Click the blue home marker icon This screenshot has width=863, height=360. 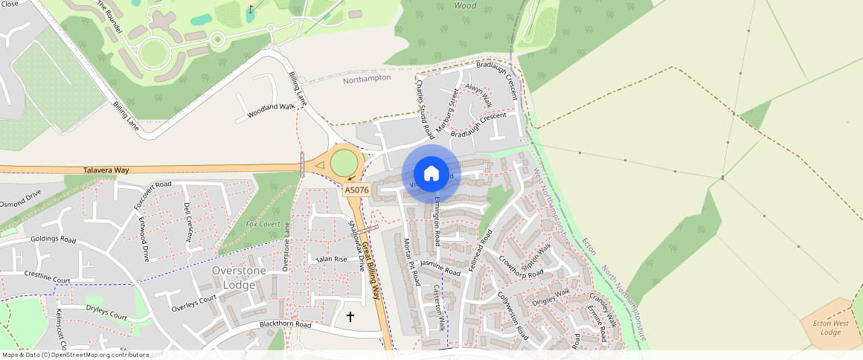click(431, 174)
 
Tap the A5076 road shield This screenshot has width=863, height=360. click(356, 190)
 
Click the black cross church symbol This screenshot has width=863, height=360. click(350, 317)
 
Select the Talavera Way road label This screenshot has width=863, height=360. click(106, 170)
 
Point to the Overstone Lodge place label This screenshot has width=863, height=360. click(238, 277)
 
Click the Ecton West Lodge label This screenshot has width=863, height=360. click(830, 327)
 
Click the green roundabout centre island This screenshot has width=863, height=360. click(344, 163)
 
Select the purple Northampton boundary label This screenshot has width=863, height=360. click(367, 78)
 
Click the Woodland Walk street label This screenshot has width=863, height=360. click(271, 108)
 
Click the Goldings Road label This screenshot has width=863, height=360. click(53, 240)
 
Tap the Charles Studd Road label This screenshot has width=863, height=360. click(425, 110)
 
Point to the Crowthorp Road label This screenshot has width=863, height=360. click(522, 269)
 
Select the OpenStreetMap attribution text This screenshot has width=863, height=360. click(75, 355)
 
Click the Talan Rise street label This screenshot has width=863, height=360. click(331, 260)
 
